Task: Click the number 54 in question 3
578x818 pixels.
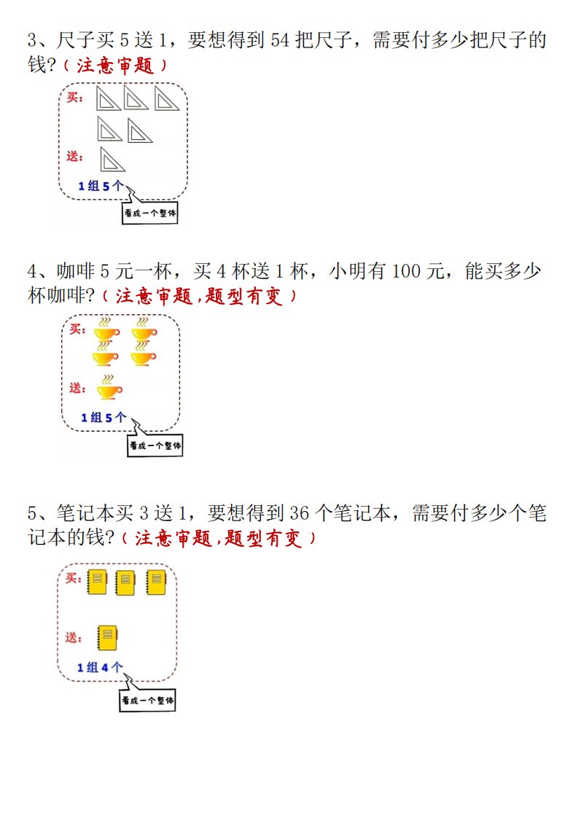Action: pyautogui.click(x=280, y=40)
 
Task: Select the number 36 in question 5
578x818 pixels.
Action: pyautogui.click(x=300, y=513)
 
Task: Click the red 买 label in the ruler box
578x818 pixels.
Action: pyautogui.click(x=75, y=98)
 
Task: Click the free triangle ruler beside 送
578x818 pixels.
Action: pyautogui.click(x=112, y=159)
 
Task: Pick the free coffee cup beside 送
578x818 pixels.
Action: pyautogui.click(x=109, y=388)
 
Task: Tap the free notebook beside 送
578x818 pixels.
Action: pyautogui.click(x=107, y=638)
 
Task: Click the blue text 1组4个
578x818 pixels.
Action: pyautogui.click(x=100, y=667)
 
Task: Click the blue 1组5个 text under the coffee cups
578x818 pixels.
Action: pyautogui.click(x=104, y=417)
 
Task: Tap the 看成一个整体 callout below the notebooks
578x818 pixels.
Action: pyautogui.click(x=148, y=700)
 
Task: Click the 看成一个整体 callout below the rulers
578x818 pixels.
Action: pyautogui.click(x=149, y=213)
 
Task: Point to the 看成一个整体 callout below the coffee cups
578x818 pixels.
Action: pyautogui.click(x=155, y=445)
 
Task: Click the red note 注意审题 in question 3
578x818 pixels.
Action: pyautogui.click(x=115, y=65)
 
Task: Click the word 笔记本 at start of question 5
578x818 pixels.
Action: pyautogui.click(x=85, y=513)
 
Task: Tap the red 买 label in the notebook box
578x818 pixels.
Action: pyautogui.click(x=74, y=578)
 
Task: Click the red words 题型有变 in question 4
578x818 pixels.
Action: pyautogui.click(x=243, y=296)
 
